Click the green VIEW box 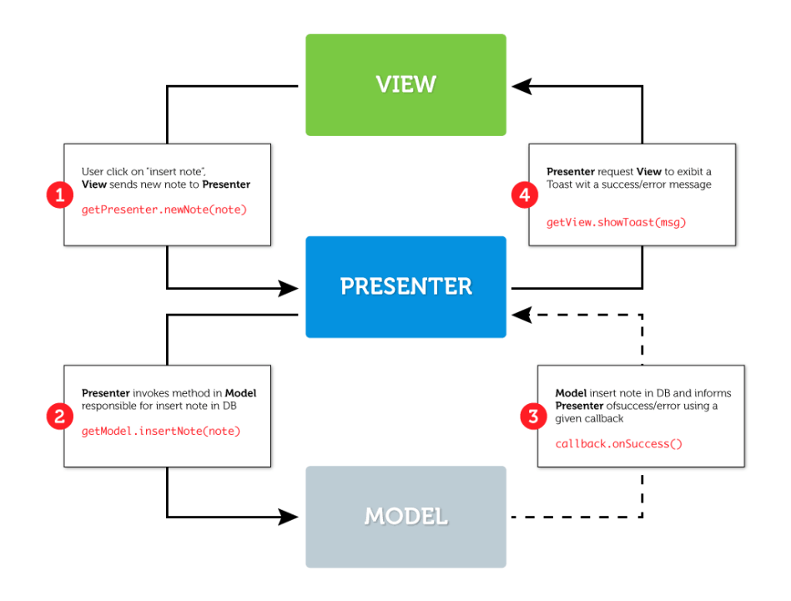click(406, 84)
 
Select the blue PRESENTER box click(406, 286)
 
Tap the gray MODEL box click(406, 516)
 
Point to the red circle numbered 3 click(533, 417)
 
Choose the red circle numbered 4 click(523, 196)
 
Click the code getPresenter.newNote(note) click(164, 210)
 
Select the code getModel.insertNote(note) click(161, 431)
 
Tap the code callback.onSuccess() click(618, 443)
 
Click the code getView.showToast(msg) click(616, 223)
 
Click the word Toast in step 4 click(562, 184)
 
